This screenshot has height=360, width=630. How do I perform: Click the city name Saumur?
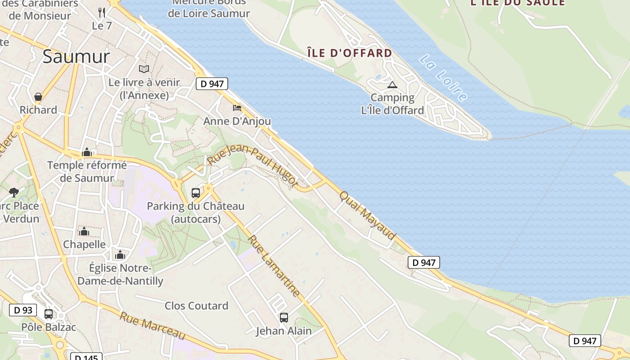tap(76, 57)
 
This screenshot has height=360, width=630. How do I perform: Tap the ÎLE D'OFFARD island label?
tap(350, 53)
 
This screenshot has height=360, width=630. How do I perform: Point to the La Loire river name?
tap(443, 77)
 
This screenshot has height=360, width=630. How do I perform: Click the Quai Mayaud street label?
tap(368, 216)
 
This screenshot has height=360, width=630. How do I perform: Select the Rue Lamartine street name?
tap(274, 266)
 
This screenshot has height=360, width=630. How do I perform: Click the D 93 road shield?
tap(23, 310)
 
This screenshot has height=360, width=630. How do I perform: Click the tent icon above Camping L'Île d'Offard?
tap(392, 85)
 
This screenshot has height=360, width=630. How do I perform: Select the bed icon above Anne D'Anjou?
tap(237, 108)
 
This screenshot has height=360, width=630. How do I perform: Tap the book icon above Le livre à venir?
tap(144, 69)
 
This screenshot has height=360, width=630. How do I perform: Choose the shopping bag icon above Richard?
tap(38, 97)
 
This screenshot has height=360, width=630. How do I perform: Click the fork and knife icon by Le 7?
tap(102, 12)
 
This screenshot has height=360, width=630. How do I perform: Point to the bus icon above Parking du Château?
tap(196, 193)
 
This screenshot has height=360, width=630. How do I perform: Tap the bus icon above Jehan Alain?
tap(283, 318)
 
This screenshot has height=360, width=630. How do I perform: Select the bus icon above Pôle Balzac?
tap(49, 314)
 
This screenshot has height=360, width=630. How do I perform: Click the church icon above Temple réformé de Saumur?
tap(87, 152)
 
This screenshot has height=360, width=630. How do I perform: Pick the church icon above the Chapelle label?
tap(84, 231)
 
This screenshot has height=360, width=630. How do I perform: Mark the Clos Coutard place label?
tap(197, 306)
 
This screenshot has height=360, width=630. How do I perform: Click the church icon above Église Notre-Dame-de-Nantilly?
tap(120, 255)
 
